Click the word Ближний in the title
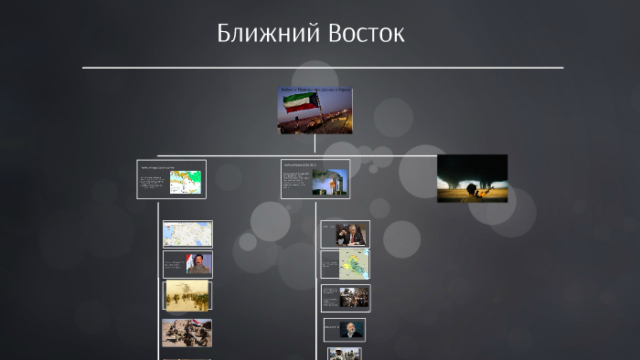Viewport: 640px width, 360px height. click(258, 34)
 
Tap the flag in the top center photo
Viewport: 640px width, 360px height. click(302, 104)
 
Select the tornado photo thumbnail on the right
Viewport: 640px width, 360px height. click(472, 177)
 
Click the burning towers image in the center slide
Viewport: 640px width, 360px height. click(327, 181)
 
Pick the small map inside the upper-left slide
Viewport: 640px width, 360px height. click(185, 181)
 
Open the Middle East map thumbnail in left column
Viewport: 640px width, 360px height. click(187, 234)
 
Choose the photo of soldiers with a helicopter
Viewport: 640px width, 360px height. click(187, 295)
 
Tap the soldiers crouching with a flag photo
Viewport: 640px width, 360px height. click(187, 333)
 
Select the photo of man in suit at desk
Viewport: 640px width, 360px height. click(351, 235)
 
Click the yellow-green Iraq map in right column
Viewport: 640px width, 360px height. click(356, 265)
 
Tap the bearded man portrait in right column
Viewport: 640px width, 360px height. click(352, 329)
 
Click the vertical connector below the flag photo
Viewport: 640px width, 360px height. click(315, 143)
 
